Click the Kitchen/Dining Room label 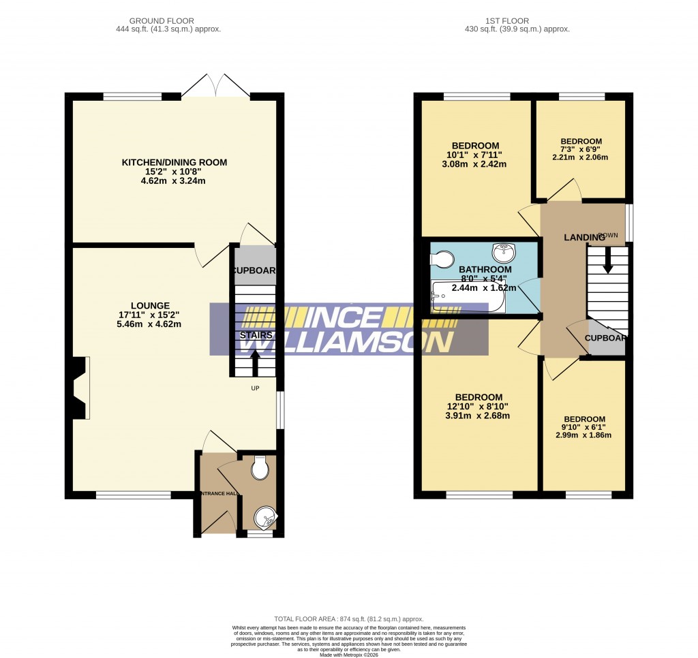[174, 162]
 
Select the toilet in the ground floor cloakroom [259, 469]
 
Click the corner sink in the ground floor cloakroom [264, 520]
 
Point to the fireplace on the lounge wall [77, 388]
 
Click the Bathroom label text [485, 270]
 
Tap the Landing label [584, 236]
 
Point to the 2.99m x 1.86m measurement [583, 435]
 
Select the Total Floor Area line [348, 611]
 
